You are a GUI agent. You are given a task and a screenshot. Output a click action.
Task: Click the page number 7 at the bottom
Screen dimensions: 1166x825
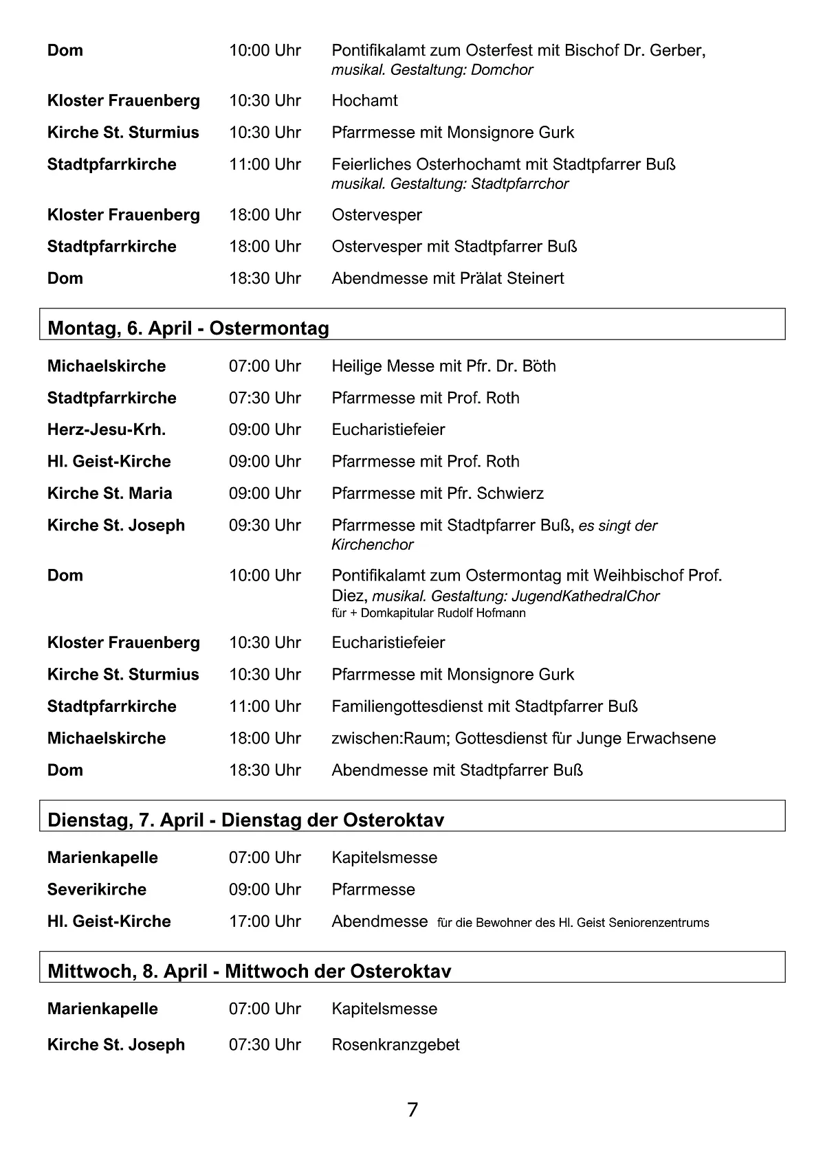pos(412,1110)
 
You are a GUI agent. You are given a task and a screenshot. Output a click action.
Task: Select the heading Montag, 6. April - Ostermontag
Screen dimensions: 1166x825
pos(188,328)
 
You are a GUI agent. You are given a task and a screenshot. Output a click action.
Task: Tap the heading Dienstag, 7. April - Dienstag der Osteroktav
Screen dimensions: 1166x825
pos(245,820)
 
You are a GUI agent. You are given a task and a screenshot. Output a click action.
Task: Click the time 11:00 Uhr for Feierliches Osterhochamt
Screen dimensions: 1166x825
pos(265,164)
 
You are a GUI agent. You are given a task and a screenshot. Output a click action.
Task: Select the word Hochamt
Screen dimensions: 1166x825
pos(364,100)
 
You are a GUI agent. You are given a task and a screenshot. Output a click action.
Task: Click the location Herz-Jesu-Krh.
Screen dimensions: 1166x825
pos(107,429)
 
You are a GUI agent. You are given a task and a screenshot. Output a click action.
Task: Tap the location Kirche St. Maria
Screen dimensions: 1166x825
pos(109,493)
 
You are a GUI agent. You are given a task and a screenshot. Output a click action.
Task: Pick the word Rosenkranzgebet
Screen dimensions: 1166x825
pos(395,1044)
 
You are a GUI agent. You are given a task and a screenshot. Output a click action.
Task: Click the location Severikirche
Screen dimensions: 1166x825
pos(97,889)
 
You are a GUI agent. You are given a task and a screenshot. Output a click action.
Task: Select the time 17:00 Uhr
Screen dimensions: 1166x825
pos(265,921)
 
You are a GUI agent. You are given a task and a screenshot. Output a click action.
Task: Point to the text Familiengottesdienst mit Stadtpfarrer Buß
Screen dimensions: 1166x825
pos(485,706)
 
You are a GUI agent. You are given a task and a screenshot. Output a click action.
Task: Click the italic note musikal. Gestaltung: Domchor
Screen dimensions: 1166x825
pos(432,69)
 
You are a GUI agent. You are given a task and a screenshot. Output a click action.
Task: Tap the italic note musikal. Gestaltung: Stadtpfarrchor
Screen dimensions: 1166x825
pos(450,183)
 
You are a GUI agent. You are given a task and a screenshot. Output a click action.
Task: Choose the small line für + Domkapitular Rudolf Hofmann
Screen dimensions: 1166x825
pos(428,613)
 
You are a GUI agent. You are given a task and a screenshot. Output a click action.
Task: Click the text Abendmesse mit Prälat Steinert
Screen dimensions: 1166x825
pos(448,278)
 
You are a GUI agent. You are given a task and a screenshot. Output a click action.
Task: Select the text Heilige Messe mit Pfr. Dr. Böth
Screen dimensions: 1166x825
pos(443,366)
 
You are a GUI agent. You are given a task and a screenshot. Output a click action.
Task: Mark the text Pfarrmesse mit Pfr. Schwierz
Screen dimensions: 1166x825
pos(437,493)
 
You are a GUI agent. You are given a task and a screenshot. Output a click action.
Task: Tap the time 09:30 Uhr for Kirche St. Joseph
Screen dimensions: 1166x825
pos(265,525)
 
